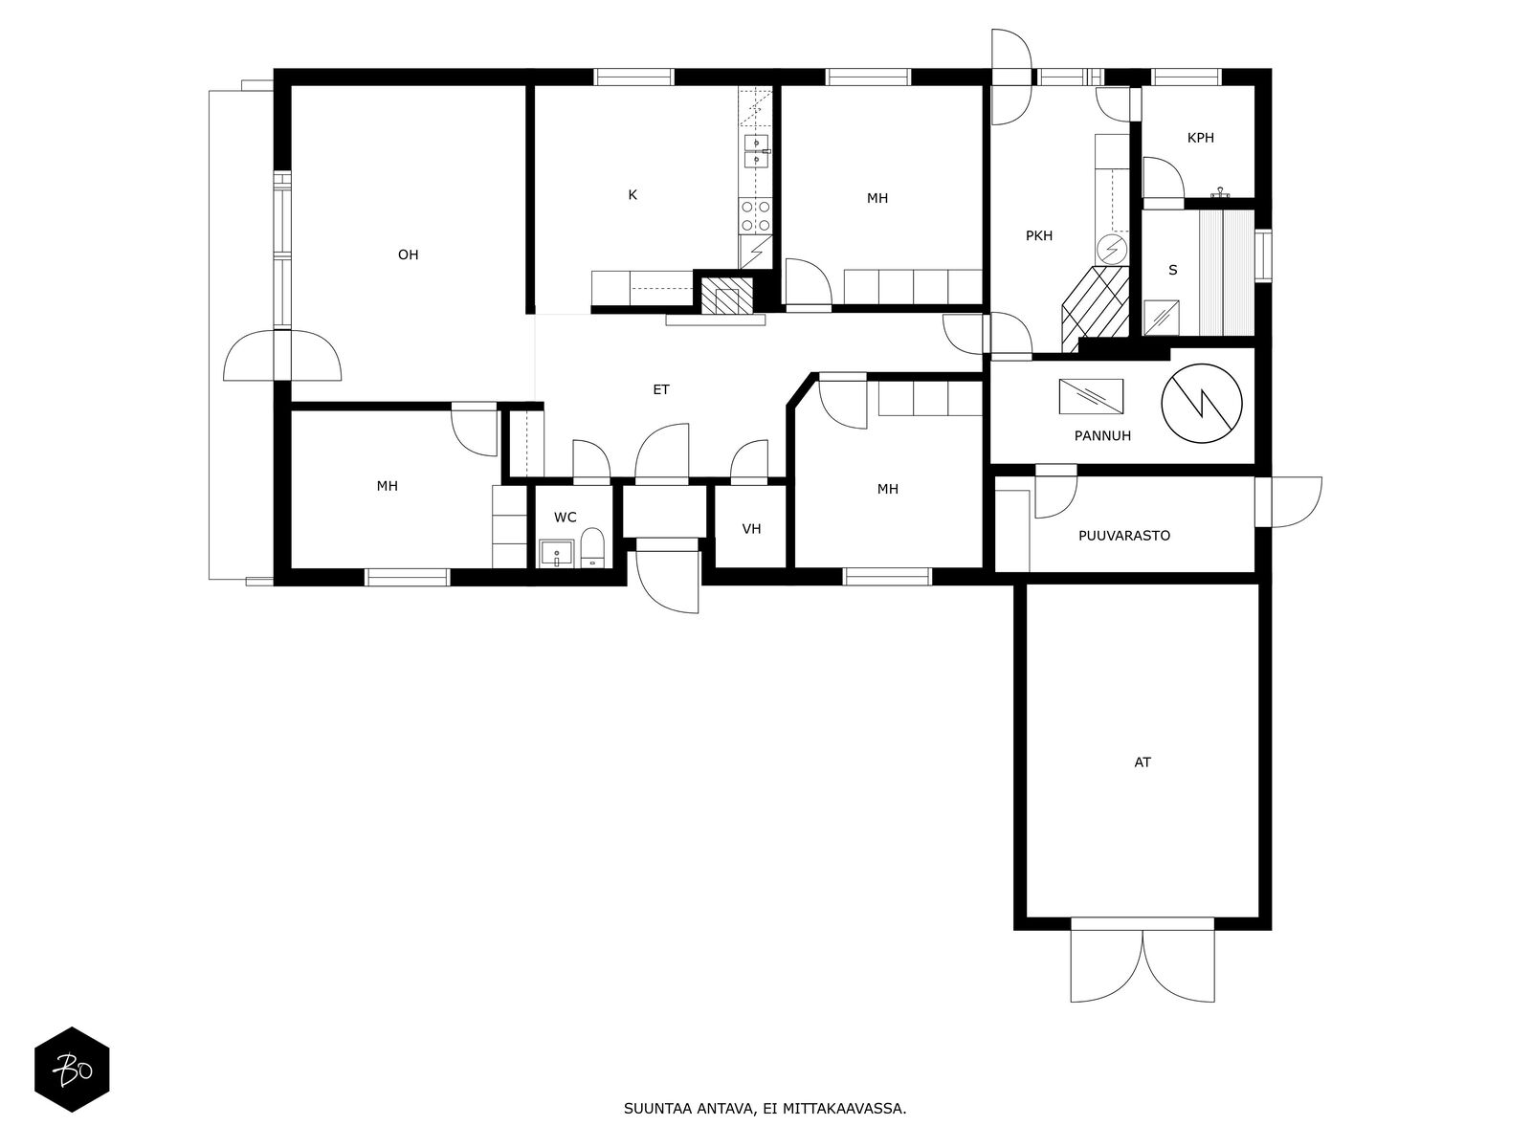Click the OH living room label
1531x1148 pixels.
[408, 255]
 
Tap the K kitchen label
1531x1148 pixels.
[632, 195]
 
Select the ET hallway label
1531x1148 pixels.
[661, 389]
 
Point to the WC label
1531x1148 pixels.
[565, 518]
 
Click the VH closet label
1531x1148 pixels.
[751, 529]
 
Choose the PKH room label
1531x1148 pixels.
[1038, 236]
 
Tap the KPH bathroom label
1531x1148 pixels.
[1200, 138]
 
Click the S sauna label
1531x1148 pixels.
[1172, 270]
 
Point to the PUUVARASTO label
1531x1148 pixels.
[1123, 536]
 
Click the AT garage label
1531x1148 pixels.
[1142, 762]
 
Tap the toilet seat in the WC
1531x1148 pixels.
[592, 547]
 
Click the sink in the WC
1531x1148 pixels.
[557, 554]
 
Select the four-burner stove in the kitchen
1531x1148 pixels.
[756, 215]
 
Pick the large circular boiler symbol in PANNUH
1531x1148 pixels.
[1201, 404]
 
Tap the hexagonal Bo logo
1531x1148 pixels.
[72, 1070]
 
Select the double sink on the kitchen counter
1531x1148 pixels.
[756, 152]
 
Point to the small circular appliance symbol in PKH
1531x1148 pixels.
[1111, 249]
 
